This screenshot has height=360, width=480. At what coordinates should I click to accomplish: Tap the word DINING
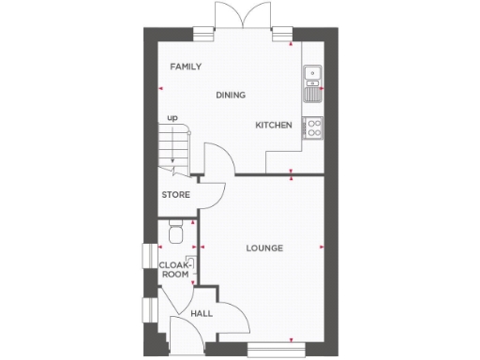coord(230,95)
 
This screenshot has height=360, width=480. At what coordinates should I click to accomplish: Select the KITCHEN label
coord(274,125)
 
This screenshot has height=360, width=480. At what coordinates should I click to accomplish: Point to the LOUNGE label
coord(264,247)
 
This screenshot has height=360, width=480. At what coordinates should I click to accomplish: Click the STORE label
coord(175,195)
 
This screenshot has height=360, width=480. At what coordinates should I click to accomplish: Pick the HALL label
coord(201,313)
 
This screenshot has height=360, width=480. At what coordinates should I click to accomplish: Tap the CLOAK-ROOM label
coord(172,271)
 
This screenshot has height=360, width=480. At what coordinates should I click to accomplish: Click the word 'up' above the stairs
coord(172,117)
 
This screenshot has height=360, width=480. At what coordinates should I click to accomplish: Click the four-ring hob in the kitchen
coord(312,128)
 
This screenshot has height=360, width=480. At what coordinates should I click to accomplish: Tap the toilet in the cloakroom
coord(175,232)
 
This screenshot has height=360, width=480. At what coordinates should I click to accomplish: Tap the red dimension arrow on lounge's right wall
coord(322,247)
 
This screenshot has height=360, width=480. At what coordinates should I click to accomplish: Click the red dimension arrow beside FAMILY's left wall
coord(160,89)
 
